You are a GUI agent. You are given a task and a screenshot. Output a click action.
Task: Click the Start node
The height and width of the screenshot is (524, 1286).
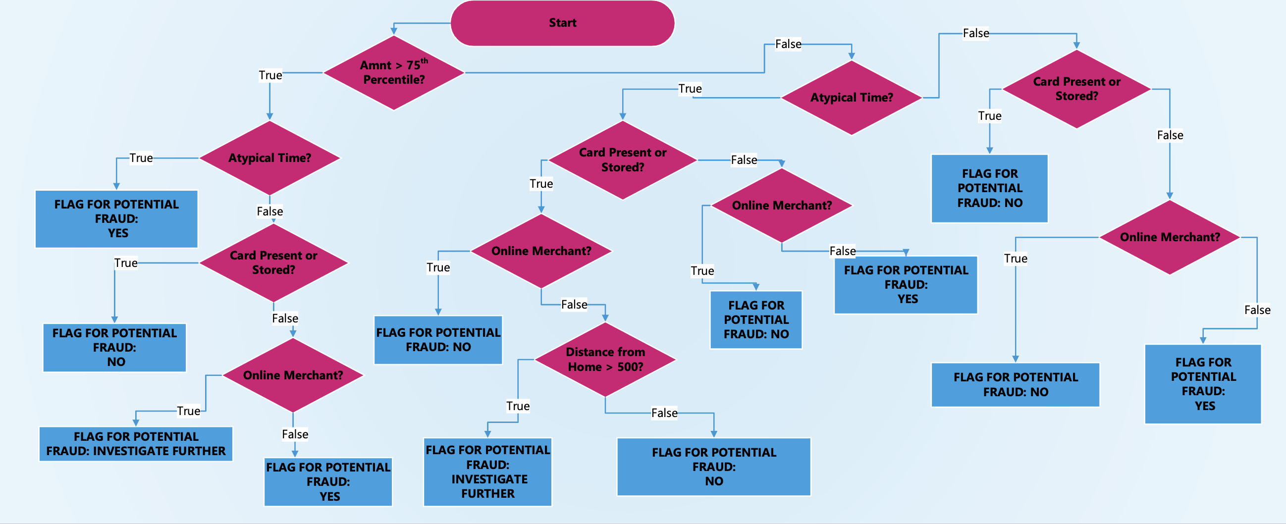point(562,23)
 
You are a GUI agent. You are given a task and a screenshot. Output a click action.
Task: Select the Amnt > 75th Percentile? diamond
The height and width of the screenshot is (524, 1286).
point(393,73)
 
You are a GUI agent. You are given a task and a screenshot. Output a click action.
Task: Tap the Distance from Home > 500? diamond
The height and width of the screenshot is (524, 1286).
point(605,359)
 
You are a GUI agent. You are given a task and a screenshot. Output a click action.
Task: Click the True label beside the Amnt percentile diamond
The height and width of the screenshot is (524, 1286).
point(270,75)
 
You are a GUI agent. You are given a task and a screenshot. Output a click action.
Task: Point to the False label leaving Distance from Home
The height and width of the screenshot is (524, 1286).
point(664,413)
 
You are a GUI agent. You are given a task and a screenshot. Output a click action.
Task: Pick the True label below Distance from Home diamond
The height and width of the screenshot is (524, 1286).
point(518,406)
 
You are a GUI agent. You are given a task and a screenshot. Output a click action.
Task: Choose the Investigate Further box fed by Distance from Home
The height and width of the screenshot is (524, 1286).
point(487,472)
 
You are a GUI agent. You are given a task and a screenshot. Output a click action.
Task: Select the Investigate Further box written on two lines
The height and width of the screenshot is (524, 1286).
point(136,444)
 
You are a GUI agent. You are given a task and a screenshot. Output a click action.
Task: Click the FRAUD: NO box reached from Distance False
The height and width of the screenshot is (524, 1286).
point(713,467)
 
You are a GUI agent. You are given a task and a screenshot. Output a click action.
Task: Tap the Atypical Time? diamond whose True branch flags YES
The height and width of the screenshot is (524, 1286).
point(269,158)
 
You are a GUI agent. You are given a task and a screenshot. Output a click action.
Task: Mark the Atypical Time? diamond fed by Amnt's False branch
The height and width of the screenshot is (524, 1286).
point(851,98)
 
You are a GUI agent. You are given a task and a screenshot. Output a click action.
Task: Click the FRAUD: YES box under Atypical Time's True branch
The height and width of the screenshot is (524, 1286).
point(116,218)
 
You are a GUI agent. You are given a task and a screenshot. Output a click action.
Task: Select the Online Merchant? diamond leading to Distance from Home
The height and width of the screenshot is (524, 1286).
point(541,251)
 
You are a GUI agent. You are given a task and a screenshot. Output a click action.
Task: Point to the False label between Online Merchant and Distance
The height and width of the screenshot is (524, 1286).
point(574,305)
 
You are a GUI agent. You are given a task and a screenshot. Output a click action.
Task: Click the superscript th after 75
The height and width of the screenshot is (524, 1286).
point(425,61)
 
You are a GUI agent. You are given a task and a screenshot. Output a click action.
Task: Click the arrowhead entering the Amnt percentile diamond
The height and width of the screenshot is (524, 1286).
point(394,31)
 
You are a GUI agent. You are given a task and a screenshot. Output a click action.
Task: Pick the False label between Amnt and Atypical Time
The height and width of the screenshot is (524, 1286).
point(788,45)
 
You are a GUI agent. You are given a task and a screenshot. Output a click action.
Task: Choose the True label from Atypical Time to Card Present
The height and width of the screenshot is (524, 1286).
point(690,89)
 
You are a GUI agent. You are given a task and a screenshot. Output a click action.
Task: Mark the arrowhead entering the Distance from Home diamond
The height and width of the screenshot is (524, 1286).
point(605,318)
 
